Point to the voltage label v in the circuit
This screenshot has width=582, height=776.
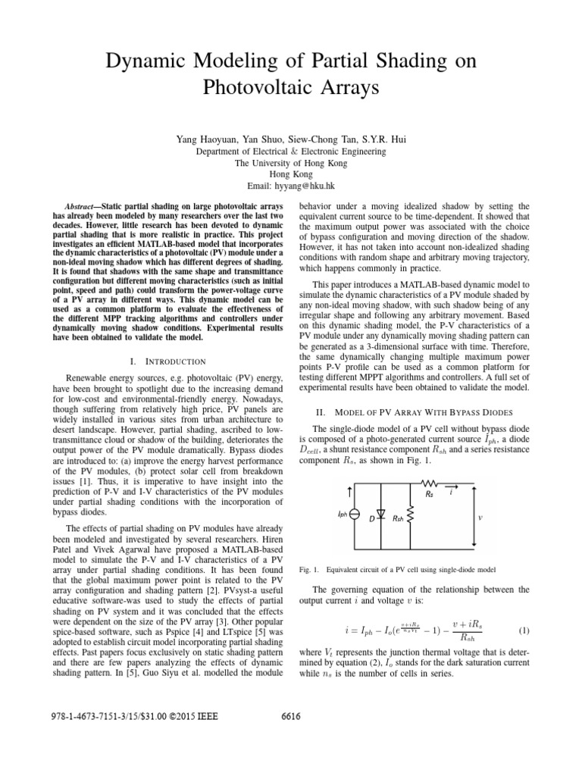tap(480, 518)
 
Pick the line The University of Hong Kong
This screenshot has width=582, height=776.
tap(291, 163)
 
